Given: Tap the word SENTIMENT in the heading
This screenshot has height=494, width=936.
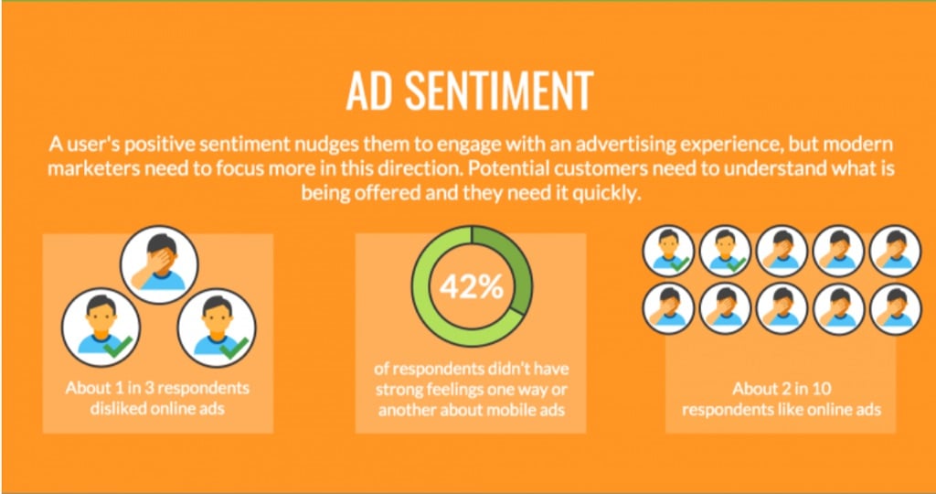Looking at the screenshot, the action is point(497,91).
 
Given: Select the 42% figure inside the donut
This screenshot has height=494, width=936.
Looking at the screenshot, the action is point(472,287).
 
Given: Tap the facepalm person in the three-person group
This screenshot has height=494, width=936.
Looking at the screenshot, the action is point(159,264).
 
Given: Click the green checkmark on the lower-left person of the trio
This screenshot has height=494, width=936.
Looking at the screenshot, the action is point(117,348).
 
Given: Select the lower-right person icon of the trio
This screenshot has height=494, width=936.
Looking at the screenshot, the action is point(217,328).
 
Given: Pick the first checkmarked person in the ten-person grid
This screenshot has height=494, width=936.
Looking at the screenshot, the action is point(668,251).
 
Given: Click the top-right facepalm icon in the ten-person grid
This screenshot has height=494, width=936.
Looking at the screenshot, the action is point(896,251).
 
